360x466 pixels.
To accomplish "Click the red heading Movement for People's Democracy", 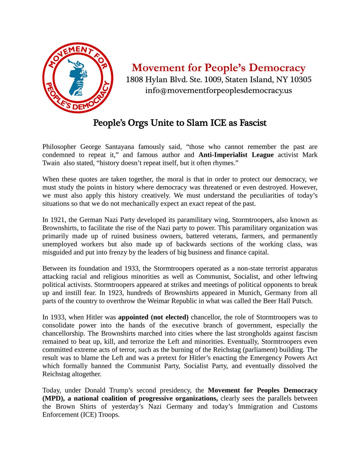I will pos(218,68).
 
